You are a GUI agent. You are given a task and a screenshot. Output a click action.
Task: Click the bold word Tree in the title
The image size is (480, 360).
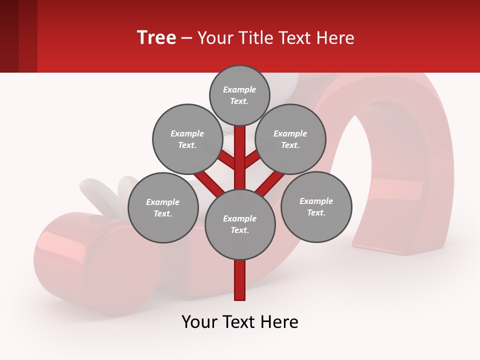tap(156, 37)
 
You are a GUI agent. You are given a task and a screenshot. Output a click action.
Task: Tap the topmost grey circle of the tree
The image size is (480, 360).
tap(239, 95)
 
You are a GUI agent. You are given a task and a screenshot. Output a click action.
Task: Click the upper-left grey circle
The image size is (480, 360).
tap(187, 139)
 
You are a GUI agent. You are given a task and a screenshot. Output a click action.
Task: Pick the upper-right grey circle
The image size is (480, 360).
tap(290, 139)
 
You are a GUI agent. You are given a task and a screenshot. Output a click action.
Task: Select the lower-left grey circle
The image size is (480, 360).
tap(163, 207)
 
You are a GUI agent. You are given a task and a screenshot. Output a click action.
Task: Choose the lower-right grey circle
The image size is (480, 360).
tap(316, 206)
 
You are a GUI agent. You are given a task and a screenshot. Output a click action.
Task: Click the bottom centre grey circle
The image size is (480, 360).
tap(240, 224)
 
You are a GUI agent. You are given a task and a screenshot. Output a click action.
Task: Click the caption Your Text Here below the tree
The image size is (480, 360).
tap(240, 322)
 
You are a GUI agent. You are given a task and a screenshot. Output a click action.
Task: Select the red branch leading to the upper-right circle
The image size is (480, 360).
tap(253, 159)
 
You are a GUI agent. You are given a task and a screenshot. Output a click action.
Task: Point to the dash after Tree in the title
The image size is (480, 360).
tap(186, 38)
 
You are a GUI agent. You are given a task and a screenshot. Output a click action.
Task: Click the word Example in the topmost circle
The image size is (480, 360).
tap(239, 89)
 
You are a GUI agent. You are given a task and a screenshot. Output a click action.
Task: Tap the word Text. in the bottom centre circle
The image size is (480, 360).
tap(239, 230)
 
